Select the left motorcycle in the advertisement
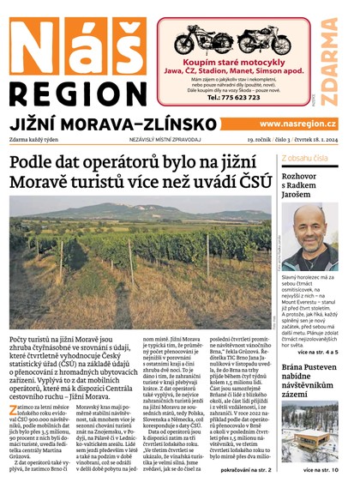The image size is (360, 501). click(204, 40)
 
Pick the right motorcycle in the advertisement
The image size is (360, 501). click(261, 40)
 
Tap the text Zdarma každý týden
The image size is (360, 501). click(41, 140)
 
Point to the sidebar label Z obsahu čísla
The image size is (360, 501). click(303, 159)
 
